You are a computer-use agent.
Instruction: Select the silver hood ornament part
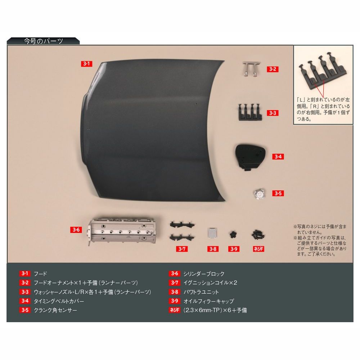[251, 68]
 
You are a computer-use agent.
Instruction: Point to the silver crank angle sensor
[260, 194]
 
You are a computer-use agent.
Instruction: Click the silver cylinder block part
[122, 231]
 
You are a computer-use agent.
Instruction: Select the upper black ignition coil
[182, 224]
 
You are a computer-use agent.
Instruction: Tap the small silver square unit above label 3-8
[212, 233]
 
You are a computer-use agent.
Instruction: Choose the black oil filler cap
[234, 234]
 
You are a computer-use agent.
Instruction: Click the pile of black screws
[258, 234]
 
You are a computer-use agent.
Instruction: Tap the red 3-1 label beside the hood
[86, 64]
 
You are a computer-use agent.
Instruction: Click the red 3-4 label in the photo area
[278, 157]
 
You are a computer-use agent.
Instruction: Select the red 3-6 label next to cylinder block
[76, 230]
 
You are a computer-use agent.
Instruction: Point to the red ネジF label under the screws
[258, 249]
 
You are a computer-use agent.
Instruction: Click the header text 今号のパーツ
[44, 41]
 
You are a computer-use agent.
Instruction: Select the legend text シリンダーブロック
[204, 274]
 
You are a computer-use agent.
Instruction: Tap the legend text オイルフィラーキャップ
[208, 301]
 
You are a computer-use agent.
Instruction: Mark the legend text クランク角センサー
[55, 310]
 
